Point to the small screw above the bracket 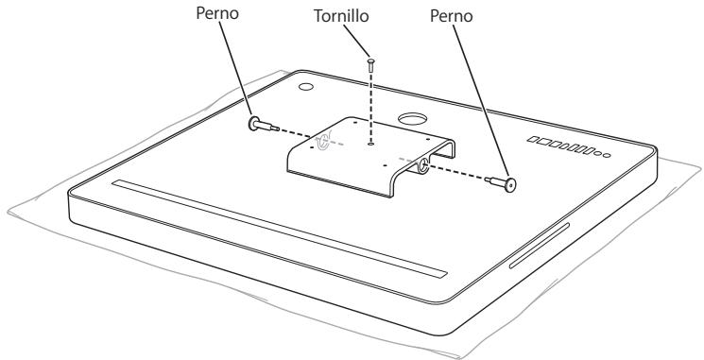pyautogui.click(x=371, y=64)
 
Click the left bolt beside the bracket pyautogui.click(x=261, y=125)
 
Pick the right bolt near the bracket pyautogui.click(x=507, y=184)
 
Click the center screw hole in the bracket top pyautogui.click(x=372, y=144)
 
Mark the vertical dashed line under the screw pyautogui.click(x=371, y=104)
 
